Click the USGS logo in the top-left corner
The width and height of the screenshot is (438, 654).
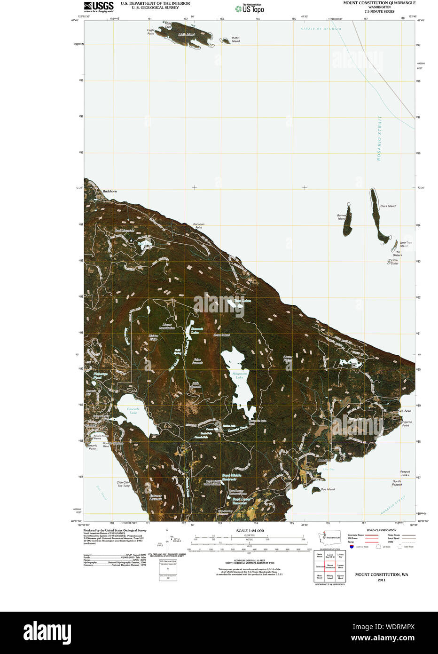coord(99,7)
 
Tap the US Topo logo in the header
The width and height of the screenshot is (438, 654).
coord(250,8)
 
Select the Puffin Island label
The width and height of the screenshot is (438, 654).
coord(235,40)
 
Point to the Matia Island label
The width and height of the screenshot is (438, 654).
coord(186,34)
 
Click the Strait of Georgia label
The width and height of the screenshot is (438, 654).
coord(321,29)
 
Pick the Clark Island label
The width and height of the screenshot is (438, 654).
coord(388,206)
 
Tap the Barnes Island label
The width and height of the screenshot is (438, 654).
coord(342,217)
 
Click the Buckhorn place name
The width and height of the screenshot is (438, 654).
coord(109,191)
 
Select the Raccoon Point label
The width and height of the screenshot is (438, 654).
coord(199,226)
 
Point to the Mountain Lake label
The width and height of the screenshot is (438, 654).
coord(240,375)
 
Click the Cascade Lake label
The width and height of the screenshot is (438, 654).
coord(133,411)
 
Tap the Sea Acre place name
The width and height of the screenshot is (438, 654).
coord(404,411)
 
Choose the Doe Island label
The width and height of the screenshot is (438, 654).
coord(328,489)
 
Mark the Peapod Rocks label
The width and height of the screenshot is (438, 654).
coord(405,473)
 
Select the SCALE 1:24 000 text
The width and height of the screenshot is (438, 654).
coord(250,531)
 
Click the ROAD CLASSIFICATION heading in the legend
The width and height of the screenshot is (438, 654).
coord(382,530)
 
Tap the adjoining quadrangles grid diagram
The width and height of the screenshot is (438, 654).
coord(330,566)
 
